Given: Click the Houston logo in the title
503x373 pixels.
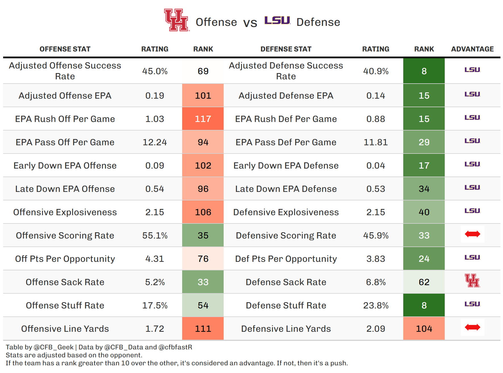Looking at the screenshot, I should point(176,20).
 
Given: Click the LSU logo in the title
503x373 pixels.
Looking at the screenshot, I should point(277,20).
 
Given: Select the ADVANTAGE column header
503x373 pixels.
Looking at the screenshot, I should point(472,49).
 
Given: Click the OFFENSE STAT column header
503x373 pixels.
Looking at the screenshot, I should point(65,49).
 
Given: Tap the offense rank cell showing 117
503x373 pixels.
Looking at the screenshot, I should point(203,119).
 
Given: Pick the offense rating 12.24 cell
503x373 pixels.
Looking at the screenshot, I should point(155,142).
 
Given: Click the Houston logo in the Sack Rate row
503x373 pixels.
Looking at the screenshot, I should point(472,281).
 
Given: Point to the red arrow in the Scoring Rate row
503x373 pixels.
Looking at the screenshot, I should point(472,234).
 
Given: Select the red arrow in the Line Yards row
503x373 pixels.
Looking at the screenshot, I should point(472,328).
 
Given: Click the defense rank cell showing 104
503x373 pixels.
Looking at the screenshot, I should point(424,329).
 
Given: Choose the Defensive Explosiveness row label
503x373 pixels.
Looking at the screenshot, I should point(286,212).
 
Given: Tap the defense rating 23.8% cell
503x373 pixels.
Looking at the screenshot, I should point(376,305).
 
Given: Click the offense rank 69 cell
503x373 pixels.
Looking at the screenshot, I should point(203,71).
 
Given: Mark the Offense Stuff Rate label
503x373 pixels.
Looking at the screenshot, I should point(65,305).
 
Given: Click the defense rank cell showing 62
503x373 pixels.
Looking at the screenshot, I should point(424,282).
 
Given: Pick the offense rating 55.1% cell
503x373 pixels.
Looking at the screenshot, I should point(155,235).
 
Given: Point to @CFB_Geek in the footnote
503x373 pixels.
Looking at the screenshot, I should point(54,347).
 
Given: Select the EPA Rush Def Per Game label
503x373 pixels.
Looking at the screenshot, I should point(286,119).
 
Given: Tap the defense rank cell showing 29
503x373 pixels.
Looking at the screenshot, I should point(424,142).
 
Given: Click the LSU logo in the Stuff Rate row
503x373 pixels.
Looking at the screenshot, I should point(472,304).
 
